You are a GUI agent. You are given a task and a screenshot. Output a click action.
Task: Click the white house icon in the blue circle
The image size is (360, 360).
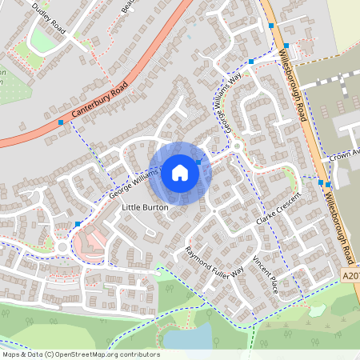click(x=180, y=172)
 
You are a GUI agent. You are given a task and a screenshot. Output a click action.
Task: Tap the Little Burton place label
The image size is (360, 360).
click(x=145, y=207)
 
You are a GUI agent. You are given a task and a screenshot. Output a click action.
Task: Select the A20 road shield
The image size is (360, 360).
click(x=351, y=274)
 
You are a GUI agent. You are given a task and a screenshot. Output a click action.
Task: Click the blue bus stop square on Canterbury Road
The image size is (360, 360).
click(x=61, y=122)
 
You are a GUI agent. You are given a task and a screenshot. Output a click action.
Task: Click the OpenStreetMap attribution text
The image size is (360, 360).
click(x=80, y=354)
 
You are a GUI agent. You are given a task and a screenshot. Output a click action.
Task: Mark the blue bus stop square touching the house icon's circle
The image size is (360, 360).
click(x=199, y=162)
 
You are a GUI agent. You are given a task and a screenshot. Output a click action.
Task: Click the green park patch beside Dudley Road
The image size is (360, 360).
click(x=44, y=40)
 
